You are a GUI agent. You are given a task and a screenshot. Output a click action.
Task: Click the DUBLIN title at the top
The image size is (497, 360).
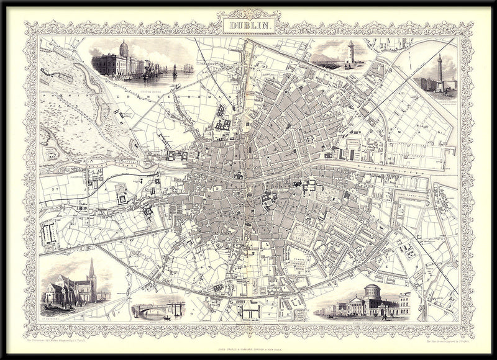[248, 25]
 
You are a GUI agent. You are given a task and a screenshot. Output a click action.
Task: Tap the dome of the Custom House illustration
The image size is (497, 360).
[123, 47]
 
